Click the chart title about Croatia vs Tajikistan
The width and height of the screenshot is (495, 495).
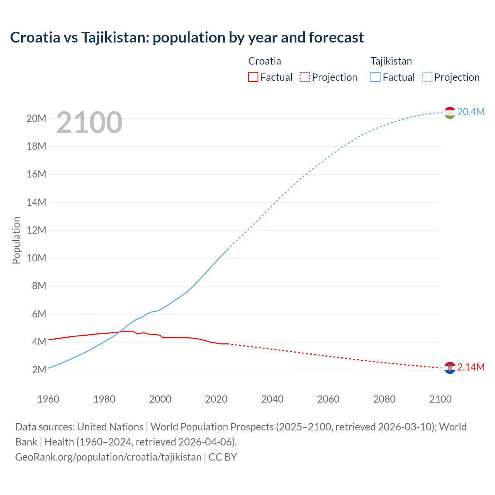[x=187, y=38]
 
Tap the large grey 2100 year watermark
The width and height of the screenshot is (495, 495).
[x=89, y=123]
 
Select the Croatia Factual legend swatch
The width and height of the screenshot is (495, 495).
[x=253, y=77]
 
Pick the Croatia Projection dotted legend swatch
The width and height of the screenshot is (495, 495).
[x=305, y=77]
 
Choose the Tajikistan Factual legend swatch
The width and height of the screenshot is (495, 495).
[x=376, y=77]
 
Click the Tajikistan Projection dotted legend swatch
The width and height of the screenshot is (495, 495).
[x=427, y=77]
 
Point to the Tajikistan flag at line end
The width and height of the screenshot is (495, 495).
[x=450, y=113]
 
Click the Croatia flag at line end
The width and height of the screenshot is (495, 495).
[x=450, y=368]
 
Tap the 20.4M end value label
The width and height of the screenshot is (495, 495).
[x=471, y=112]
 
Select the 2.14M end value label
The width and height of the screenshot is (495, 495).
[x=471, y=367]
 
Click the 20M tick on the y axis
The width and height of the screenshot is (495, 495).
[x=36, y=119]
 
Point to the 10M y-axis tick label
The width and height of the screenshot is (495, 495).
[x=36, y=258]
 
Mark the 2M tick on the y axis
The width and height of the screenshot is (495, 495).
[x=39, y=370]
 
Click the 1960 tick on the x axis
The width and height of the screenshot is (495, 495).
[x=48, y=399]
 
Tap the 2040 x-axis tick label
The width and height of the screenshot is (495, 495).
[x=272, y=399]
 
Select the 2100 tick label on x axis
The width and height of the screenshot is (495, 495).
[x=440, y=399]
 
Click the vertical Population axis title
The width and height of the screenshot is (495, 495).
[x=16, y=240]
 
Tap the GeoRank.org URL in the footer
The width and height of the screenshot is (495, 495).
[x=108, y=457]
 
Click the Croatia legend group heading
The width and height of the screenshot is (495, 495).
[x=265, y=61]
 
